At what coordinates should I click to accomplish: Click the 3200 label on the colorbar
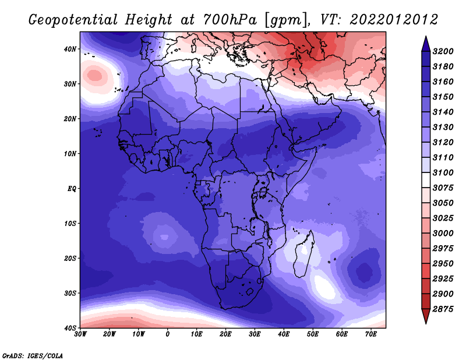tap(443, 51)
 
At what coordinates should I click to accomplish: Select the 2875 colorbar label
tap(443, 309)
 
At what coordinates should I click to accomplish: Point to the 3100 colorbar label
tap(443, 172)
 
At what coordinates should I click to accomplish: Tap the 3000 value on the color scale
tap(443, 234)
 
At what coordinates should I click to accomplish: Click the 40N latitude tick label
tap(70, 49)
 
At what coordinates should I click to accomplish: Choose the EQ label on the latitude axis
tap(72, 189)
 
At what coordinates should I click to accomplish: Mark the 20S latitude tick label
tap(70, 258)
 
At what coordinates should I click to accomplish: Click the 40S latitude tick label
tap(70, 328)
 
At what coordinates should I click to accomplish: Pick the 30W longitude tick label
tap(80, 334)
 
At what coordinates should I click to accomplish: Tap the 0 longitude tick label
tap(168, 334)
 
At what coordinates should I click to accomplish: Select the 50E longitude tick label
tap(313, 334)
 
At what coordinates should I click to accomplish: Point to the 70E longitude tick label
tap(371, 334)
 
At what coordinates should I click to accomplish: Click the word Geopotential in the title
tap(73, 20)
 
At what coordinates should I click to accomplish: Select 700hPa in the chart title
tap(230, 20)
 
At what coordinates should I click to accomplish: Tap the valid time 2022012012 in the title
tap(394, 20)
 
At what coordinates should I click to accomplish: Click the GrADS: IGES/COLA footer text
tap(33, 356)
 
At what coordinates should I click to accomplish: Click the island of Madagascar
tap(303, 254)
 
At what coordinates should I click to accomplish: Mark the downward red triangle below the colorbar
tap(426, 316)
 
